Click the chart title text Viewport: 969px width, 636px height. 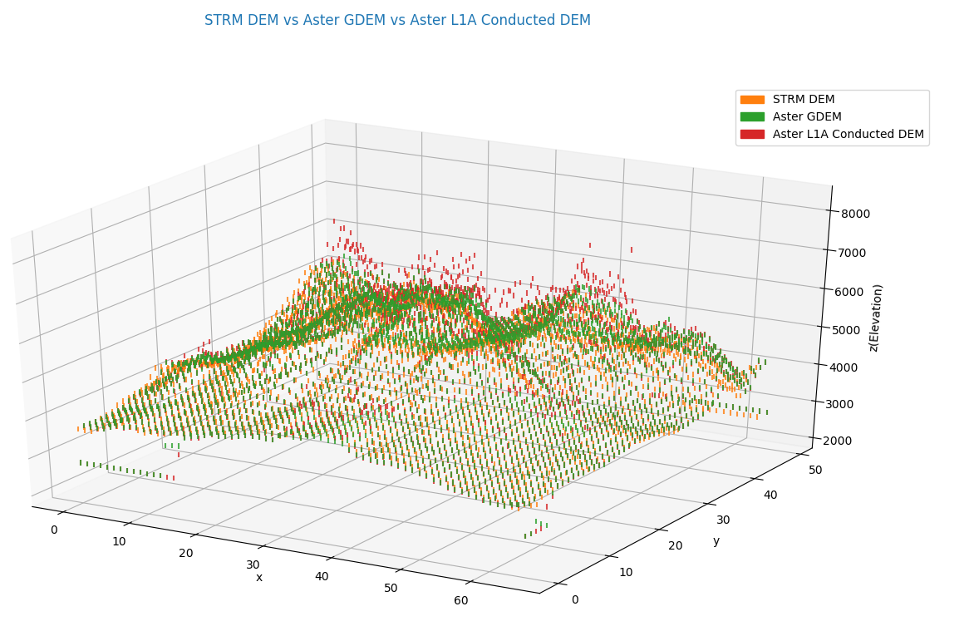397,20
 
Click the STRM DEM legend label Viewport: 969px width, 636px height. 803,100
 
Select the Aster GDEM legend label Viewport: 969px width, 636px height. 806,117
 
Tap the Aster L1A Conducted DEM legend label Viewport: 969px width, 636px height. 848,134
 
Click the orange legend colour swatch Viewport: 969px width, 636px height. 752,100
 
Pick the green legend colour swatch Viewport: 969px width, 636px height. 752,117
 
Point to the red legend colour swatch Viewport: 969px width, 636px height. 752,134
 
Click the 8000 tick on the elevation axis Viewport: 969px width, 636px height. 855,214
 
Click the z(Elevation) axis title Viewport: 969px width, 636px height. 876,318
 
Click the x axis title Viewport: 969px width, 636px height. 259,577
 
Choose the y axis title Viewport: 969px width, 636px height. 716,540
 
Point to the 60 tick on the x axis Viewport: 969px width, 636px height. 460,601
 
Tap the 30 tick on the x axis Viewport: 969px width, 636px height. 253,565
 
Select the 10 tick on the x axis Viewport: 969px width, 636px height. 119,542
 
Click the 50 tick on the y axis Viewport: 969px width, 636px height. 815,470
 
